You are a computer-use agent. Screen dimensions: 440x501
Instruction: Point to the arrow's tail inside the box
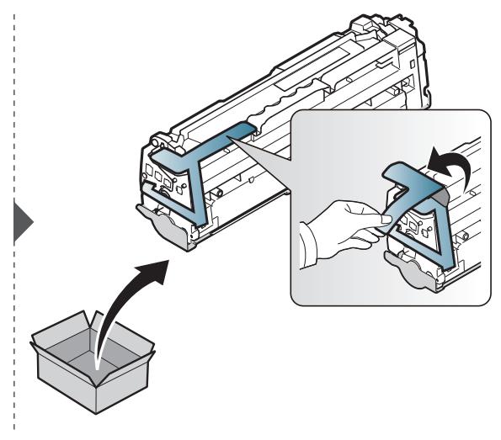(x=99, y=364)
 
